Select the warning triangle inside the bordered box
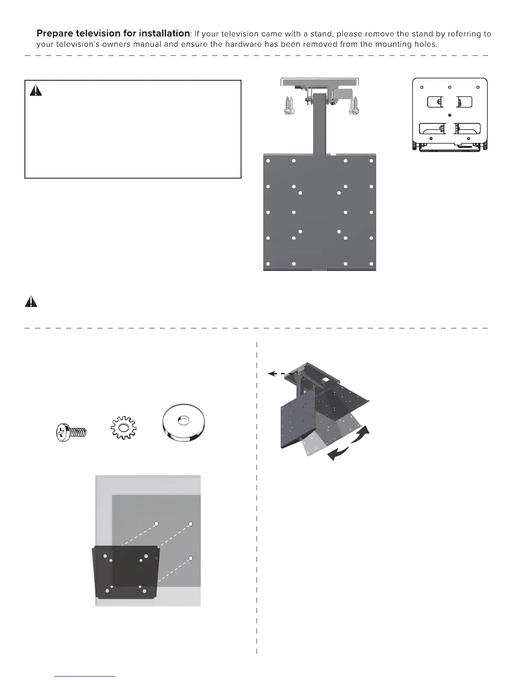(36, 91)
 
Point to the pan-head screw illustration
(71, 432)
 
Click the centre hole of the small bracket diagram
(449, 115)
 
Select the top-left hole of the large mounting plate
(268, 161)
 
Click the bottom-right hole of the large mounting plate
(371, 264)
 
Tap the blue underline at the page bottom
(85, 676)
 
